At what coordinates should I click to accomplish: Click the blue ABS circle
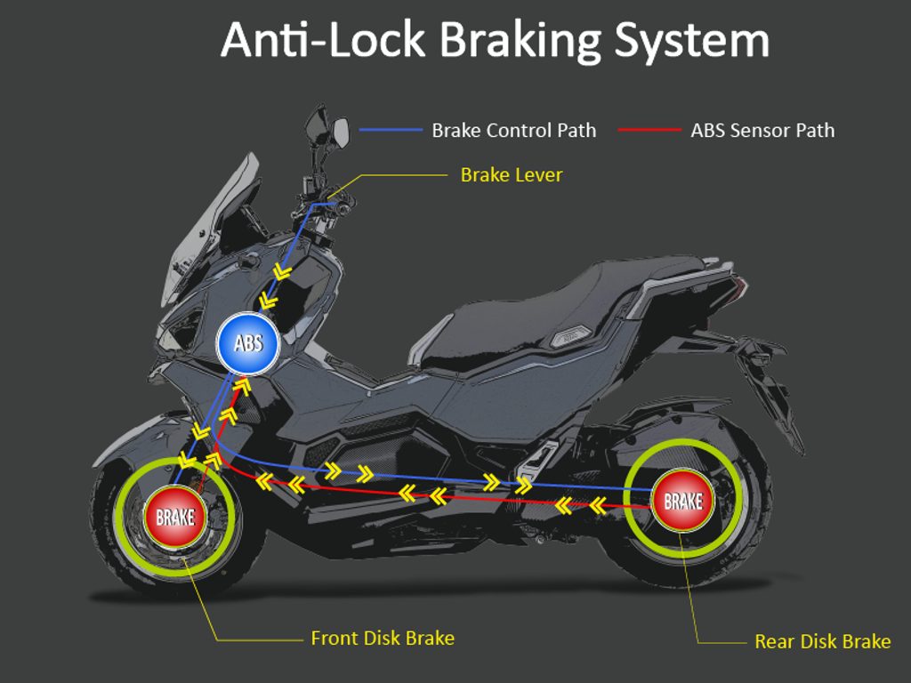click(248, 342)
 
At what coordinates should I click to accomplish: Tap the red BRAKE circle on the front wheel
click(175, 517)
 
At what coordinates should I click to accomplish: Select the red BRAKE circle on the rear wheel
click(682, 501)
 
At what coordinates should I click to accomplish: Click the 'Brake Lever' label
click(512, 175)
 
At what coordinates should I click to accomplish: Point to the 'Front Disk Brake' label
click(383, 639)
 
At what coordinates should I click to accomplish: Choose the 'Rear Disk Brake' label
click(822, 641)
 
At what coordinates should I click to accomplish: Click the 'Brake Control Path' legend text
click(514, 130)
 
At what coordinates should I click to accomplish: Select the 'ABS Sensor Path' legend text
click(762, 130)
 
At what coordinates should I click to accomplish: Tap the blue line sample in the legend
click(391, 130)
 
